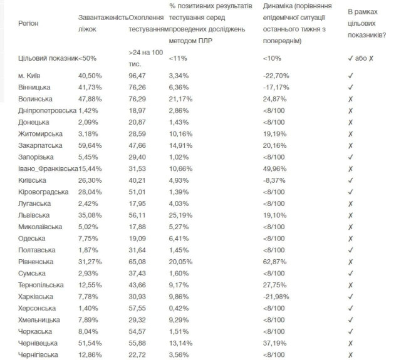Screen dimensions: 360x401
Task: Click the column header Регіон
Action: [29, 23]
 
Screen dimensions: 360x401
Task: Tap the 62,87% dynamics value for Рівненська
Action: [277, 262]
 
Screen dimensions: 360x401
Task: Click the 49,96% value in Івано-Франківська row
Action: [277, 168]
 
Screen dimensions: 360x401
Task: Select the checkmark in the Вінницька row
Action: [352, 87]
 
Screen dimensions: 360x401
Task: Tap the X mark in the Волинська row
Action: [352, 98]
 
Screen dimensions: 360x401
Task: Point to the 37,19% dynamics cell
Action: [277, 343]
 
